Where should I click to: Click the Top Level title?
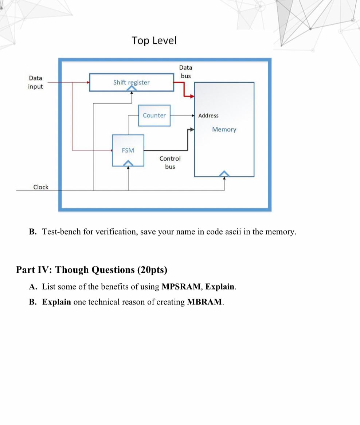coord(154,40)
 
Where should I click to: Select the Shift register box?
coord(131,82)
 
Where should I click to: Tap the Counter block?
coord(154,115)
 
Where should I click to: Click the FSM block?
coord(128,150)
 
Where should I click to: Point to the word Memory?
coord(224,129)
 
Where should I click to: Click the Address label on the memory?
coord(208,115)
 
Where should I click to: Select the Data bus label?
coord(185,72)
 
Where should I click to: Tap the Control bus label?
coord(170,162)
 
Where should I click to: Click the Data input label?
coord(35,82)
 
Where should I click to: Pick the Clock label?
coord(41,187)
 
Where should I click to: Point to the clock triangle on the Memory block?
coord(224,174)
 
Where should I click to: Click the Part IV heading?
coord(91,270)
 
